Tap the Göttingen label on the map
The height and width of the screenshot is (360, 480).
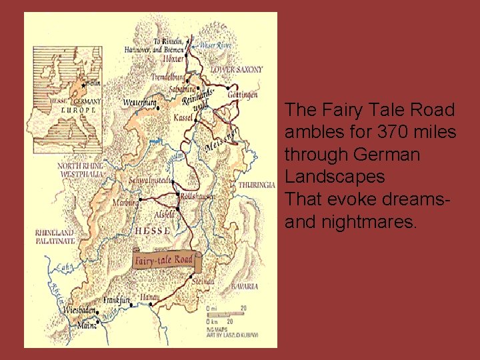coord(243,95)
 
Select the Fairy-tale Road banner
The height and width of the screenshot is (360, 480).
coord(164,259)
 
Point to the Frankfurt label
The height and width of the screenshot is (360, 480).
coord(116,300)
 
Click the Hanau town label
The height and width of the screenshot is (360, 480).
coord(149,297)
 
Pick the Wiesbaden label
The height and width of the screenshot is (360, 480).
coord(79,310)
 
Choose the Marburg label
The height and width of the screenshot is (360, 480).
coord(125,203)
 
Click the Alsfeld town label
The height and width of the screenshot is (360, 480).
coord(165,215)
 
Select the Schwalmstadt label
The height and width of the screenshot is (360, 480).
coord(150,181)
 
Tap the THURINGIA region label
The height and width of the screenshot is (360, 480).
coord(257,184)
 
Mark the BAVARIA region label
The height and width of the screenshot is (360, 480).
coord(245,287)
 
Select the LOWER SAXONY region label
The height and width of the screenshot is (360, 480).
coord(237,69)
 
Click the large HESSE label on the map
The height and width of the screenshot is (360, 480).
coord(153,231)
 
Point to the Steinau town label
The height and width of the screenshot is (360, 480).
coord(203,282)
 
